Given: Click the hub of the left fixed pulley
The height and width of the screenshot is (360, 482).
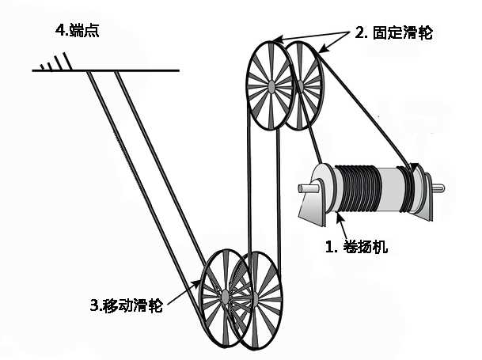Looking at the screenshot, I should [271, 82].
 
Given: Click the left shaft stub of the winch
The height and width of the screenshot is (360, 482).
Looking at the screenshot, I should [305, 189].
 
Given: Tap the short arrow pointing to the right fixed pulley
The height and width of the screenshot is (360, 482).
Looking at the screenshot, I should [336, 43].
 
